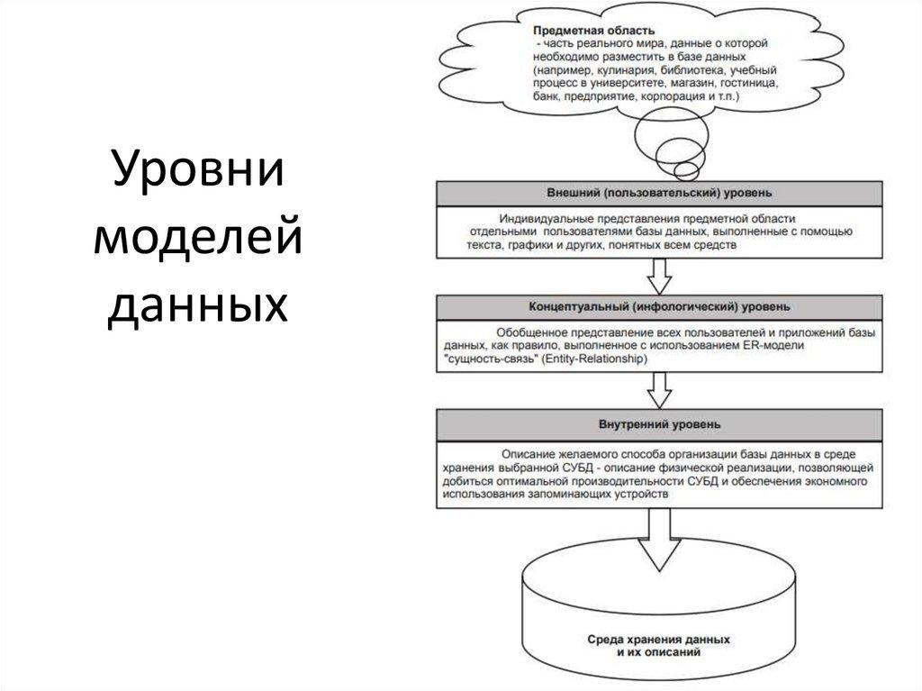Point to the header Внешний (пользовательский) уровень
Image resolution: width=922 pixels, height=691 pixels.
(659, 193)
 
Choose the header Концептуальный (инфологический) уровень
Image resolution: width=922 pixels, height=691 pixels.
(659, 307)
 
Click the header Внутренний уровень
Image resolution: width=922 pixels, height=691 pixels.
(659, 423)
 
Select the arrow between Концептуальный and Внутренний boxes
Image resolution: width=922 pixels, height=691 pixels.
(660, 390)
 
